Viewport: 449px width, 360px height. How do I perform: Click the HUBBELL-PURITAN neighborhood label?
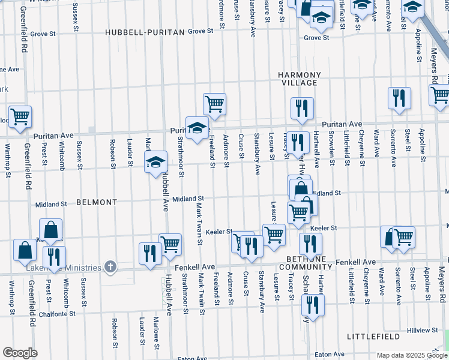pos(144,32)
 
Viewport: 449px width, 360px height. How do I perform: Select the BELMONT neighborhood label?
pos(97,202)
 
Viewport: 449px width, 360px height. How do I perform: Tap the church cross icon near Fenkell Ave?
pos(109,266)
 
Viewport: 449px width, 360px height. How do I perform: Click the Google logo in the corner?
pos(20,352)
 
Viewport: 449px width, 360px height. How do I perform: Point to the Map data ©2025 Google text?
pos(411,355)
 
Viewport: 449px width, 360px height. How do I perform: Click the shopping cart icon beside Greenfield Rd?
pos(20,116)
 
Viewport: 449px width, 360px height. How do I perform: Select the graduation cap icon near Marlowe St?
pos(155,161)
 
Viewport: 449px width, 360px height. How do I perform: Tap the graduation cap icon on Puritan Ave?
pos(196,127)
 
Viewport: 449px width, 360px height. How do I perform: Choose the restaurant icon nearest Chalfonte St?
pos(313,304)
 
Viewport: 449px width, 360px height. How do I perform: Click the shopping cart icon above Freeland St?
pos(214,104)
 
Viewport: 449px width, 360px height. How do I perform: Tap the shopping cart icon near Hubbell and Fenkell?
pos(170,244)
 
